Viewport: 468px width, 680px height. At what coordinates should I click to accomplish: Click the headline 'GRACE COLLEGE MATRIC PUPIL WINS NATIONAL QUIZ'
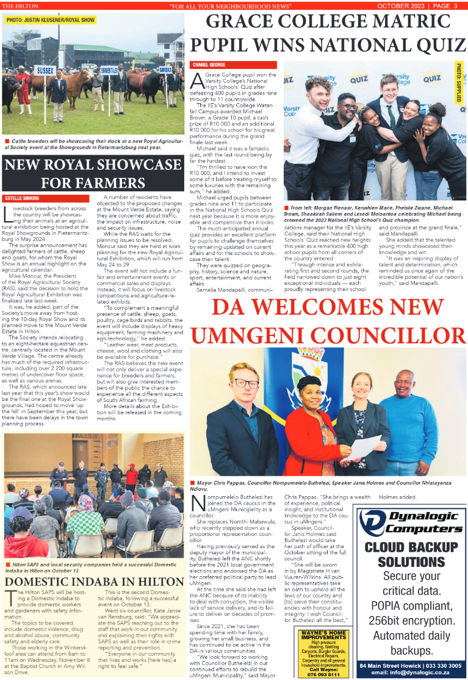(328, 34)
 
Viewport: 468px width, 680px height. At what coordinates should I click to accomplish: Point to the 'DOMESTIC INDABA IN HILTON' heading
(93, 582)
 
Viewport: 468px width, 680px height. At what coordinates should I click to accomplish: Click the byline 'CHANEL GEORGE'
(209, 64)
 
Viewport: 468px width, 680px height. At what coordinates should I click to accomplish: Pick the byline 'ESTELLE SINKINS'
(23, 199)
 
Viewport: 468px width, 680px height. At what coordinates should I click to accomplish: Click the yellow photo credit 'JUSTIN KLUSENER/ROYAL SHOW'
(51, 20)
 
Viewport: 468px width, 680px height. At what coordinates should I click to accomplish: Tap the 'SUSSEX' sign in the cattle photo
(45, 71)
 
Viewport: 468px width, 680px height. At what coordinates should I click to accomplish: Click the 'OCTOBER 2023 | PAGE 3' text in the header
(413, 5)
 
